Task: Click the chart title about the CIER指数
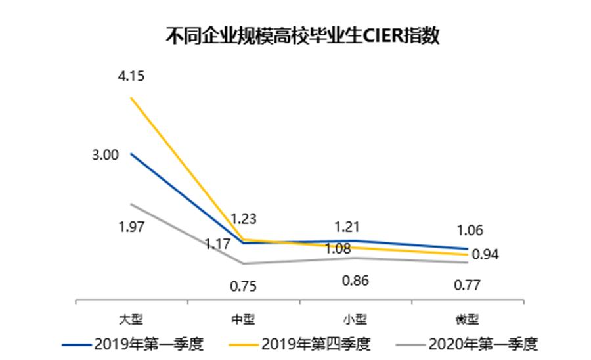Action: tap(303, 35)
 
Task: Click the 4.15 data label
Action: tap(131, 76)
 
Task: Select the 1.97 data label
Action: tap(131, 227)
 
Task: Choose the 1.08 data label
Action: tap(339, 249)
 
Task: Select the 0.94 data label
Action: tap(485, 254)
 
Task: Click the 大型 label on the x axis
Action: tap(131, 319)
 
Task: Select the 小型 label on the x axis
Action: tap(355, 319)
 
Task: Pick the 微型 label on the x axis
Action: tap(467, 319)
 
